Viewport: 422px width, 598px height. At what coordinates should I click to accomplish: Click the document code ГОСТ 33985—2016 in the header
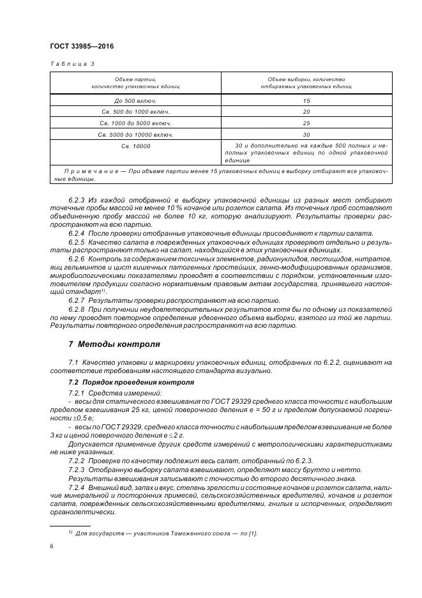77,47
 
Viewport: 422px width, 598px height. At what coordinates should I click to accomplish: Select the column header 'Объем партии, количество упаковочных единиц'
135,82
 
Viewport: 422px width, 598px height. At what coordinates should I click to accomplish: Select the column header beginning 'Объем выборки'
306,82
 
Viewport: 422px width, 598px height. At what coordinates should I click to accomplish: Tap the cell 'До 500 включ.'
135,100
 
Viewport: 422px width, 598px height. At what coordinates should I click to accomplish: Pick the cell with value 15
306,100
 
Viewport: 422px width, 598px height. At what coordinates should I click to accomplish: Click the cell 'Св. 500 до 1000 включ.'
135,112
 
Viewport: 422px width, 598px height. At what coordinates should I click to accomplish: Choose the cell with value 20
306,112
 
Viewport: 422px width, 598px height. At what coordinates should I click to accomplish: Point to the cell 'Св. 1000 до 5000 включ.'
135,123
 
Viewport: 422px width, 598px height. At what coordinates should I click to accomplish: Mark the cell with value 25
306,123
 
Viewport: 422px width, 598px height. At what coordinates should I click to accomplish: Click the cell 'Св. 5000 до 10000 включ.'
135,135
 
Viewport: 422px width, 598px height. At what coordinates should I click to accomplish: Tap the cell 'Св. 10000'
135,146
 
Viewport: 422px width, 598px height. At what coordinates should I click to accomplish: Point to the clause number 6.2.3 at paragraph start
77,199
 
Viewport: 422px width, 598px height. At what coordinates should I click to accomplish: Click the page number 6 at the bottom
51,546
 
